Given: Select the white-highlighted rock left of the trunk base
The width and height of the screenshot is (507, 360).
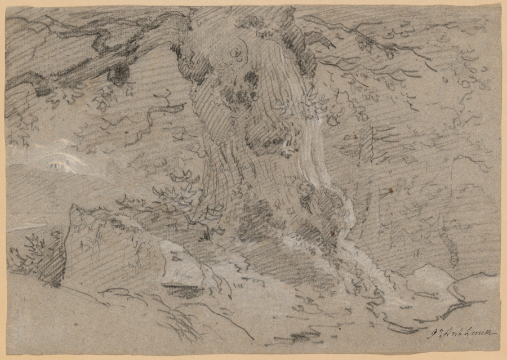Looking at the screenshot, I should [x=181, y=265].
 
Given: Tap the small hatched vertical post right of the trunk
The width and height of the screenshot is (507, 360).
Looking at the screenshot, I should [x=366, y=144].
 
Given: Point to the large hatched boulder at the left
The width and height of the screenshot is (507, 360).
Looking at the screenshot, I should [x=107, y=248].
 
